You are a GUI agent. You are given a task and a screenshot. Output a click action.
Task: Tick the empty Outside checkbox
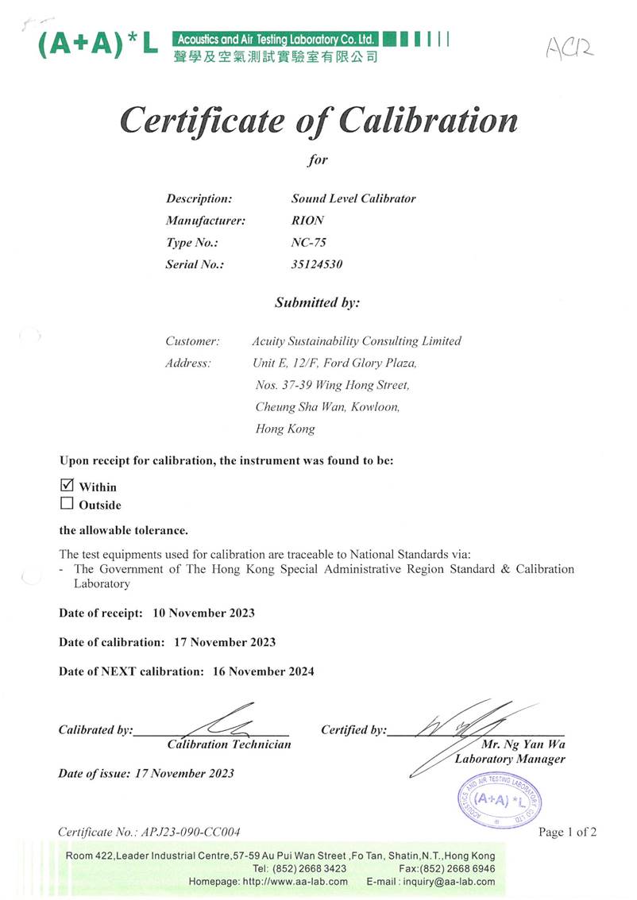pos(67,504)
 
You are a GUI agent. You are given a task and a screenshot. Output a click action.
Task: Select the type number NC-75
pos(309,243)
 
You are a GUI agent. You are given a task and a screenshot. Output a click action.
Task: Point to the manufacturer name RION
pos(308,221)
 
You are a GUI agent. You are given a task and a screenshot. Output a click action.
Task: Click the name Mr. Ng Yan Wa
pos(523,744)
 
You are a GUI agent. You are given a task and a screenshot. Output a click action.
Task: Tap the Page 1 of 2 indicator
pos(567,832)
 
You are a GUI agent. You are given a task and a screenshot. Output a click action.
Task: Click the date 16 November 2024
pos(264,671)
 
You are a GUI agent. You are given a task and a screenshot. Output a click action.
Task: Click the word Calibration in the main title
pos(428,121)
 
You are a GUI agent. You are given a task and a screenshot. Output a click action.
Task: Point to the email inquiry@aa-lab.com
pos(451,882)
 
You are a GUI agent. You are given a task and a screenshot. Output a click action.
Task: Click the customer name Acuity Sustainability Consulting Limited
pos(356,341)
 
